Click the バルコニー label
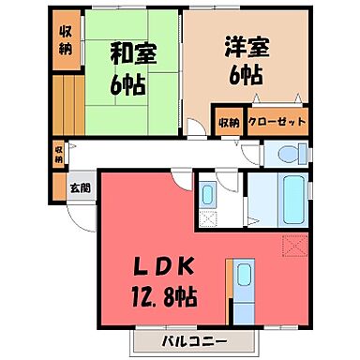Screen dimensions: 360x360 177,338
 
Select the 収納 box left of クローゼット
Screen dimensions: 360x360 230,122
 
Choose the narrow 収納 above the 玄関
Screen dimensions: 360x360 58,153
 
